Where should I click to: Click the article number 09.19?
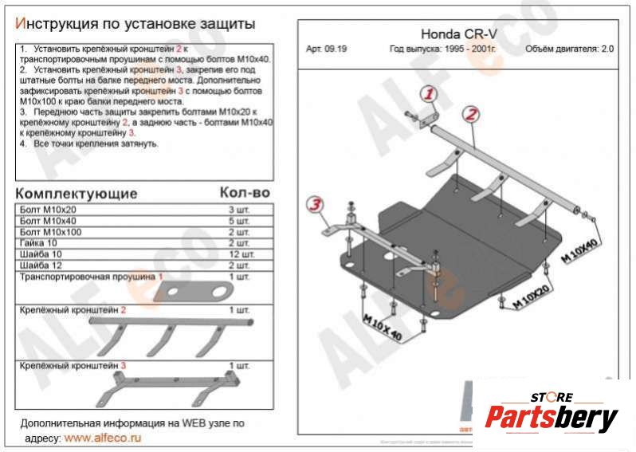[x=327, y=49]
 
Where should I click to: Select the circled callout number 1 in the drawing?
[x=430, y=94]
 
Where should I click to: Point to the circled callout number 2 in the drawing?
[x=471, y=114]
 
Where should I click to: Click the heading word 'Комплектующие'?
[x=77, y=194]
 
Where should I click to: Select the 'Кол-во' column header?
[x=245, y=193]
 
